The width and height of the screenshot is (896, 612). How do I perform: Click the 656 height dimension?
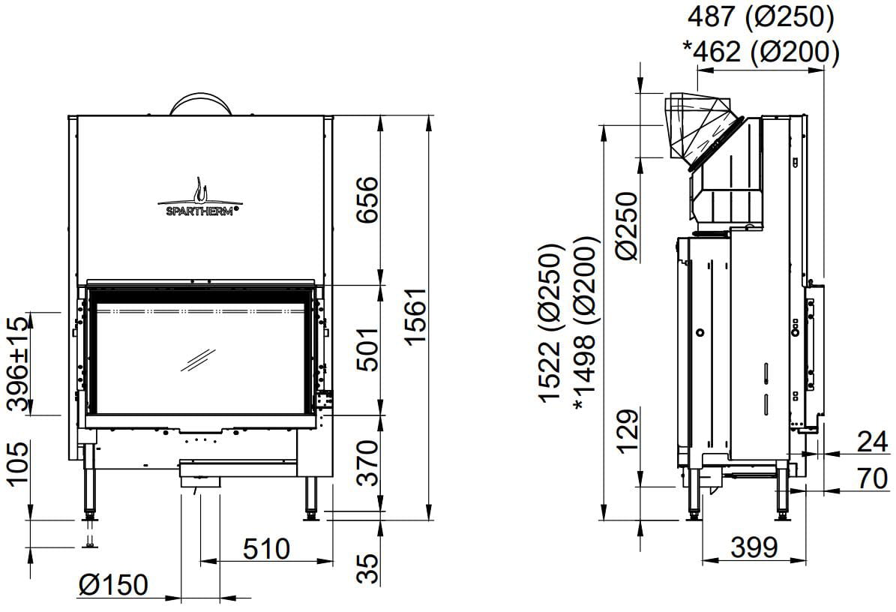[367, 200]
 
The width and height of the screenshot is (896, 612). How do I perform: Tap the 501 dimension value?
[367, 349]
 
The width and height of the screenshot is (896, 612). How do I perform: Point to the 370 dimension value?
[367, 462]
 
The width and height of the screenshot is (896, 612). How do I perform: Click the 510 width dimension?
[266, 548]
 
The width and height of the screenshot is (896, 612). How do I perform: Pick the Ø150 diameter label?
[113, 584]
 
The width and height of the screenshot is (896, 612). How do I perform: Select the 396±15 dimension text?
[18, 364]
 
